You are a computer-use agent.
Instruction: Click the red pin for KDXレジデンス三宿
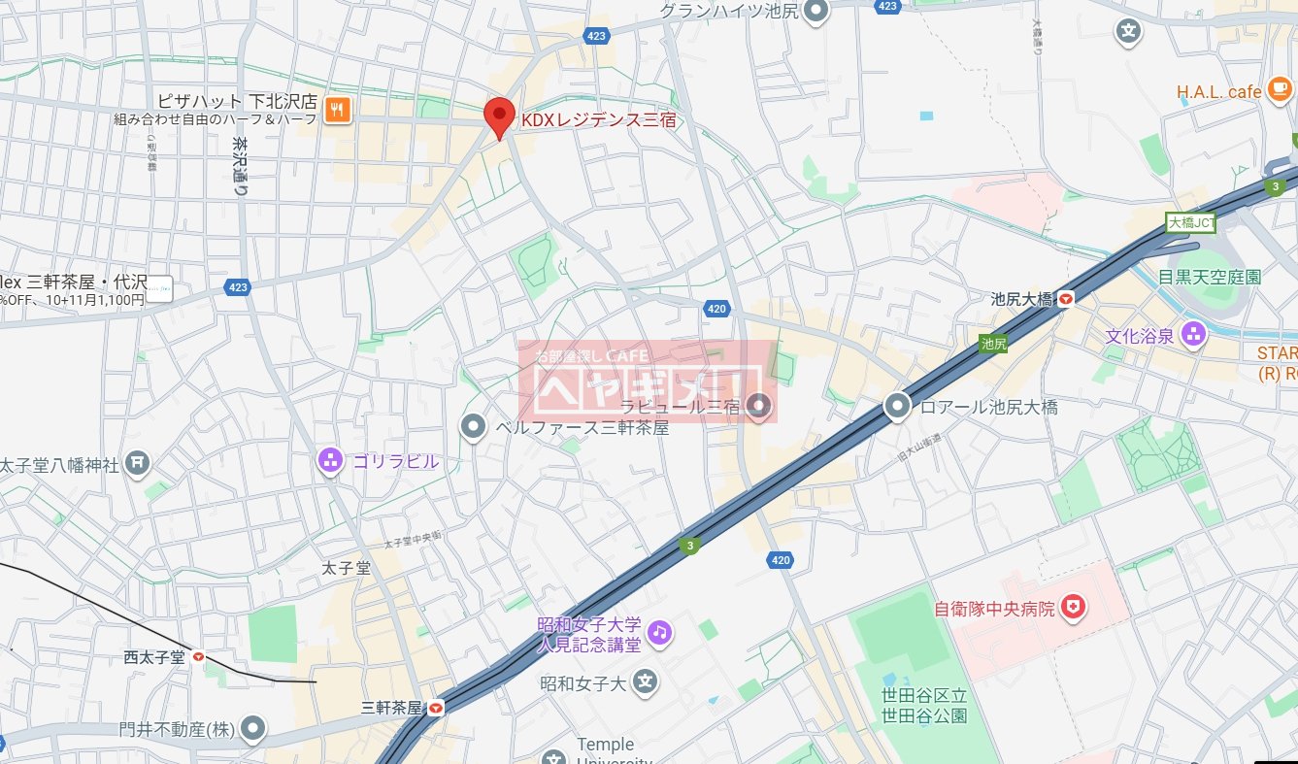(499, 116)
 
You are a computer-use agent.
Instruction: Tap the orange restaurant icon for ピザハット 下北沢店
(338, 110)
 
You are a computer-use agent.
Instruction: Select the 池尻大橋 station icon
(1066, 300)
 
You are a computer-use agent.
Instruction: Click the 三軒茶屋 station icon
(436, 708)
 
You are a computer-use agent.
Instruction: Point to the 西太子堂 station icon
(198, 657)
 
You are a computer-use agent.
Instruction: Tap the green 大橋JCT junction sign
(1190, 222)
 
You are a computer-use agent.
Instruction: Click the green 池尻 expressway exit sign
(993, 343)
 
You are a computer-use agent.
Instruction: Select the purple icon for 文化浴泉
(1193, 336)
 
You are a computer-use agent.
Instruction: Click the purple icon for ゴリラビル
(331, 461)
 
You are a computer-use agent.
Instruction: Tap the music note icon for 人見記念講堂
(660, 632)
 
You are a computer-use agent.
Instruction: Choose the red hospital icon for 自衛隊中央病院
(1073, 609)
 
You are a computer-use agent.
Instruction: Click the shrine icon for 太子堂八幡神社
(139, 464)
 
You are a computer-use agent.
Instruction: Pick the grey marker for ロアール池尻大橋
(898, 407)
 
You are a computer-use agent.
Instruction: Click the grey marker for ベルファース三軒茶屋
(473, 426)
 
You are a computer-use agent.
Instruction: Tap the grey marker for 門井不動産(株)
(253, 728)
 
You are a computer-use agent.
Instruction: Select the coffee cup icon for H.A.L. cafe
(1280, 90)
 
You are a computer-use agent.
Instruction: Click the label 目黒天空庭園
(1209, 277)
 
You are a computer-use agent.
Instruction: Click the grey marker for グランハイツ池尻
(817, 12)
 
